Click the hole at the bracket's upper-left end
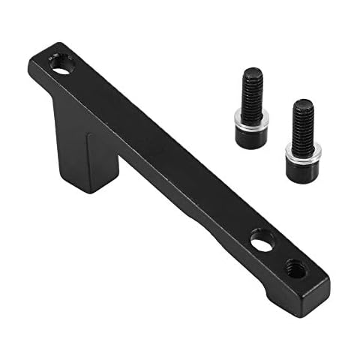point(63,65)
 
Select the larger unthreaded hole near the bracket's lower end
point(262,241)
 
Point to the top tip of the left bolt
point(250,70)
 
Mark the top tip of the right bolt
point(301,100)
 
